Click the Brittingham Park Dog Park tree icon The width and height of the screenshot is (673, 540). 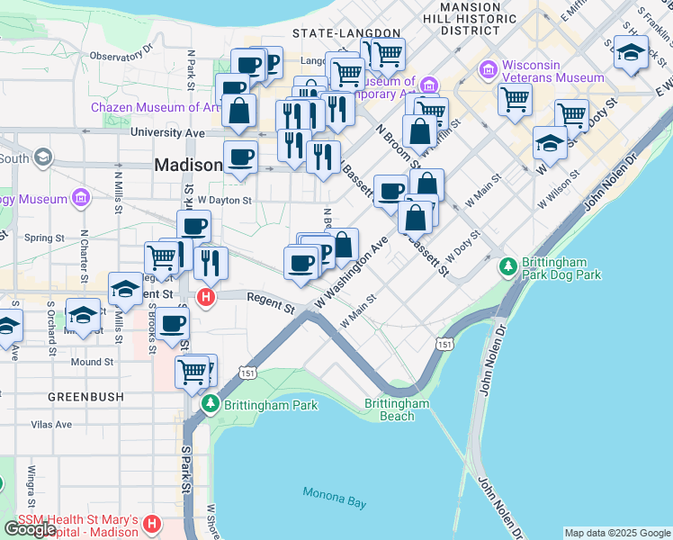[508, 266]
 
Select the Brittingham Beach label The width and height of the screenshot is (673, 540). [397, 409]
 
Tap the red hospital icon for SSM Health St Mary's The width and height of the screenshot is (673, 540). [152, 523]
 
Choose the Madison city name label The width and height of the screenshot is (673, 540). [188, 165]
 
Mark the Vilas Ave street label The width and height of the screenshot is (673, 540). [50, 424]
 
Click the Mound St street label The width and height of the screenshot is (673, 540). [92, 362]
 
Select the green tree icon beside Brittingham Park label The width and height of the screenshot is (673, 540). [211, 404]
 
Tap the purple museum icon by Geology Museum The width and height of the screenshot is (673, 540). [80, 196]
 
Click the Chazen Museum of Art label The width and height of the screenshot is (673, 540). [155, 107]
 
